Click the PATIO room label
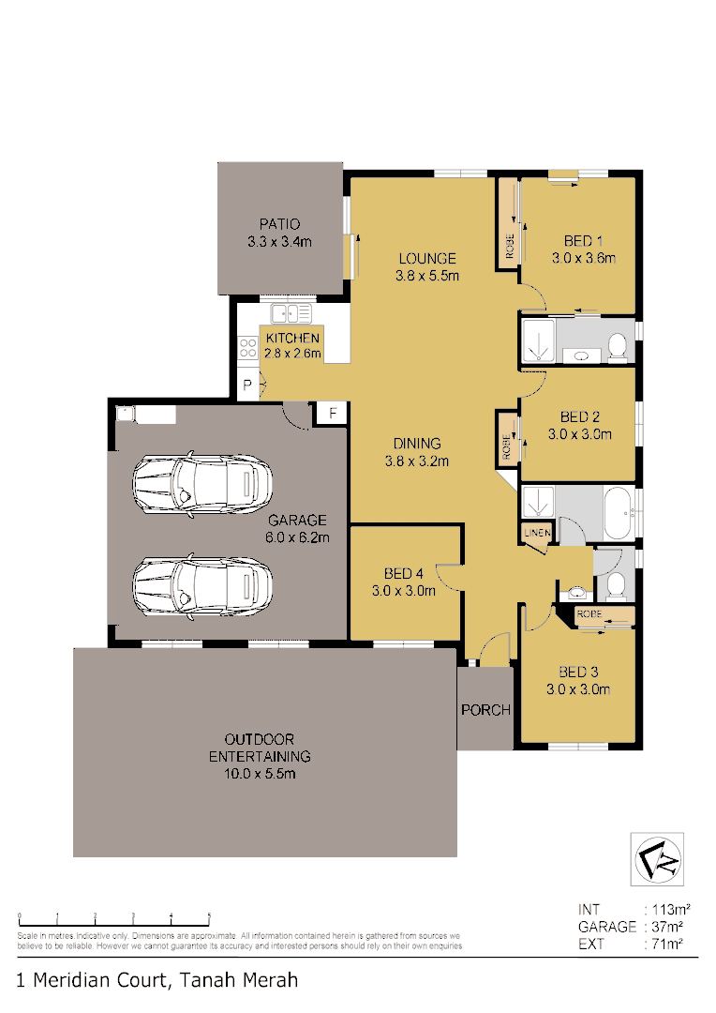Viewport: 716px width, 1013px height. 278,224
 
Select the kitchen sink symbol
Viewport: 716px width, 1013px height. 291,313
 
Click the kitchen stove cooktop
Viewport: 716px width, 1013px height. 248,349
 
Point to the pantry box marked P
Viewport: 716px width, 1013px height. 247,386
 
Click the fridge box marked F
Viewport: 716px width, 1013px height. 331,414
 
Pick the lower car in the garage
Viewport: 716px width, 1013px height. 202,583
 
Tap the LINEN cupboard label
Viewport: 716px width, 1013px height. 537,533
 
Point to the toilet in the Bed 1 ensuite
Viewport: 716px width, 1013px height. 618,347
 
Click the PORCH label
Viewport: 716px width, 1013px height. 485,710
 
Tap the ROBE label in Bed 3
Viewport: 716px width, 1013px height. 589,613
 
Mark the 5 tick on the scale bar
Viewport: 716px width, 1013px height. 209,915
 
